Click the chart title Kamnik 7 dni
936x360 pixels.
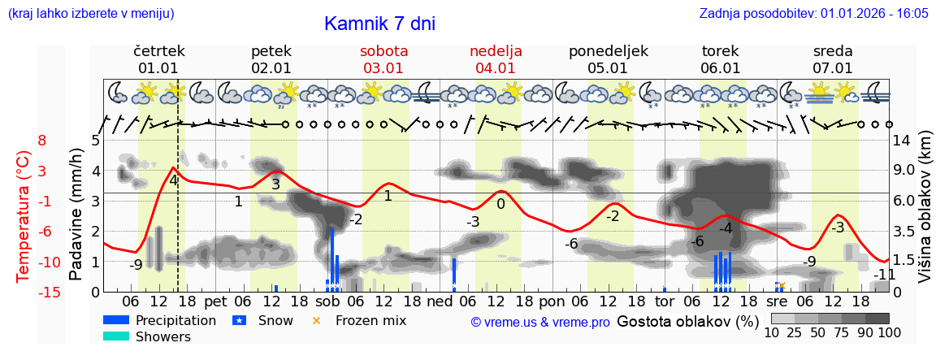point(379,24)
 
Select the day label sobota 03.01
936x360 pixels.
point(384,59)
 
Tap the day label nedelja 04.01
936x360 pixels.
point(496,59)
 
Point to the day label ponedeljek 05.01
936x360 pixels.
point(608,59)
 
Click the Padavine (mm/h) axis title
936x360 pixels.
point(76,215)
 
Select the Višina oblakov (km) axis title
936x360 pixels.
point(924,215)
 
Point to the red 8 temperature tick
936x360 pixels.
point(42,141)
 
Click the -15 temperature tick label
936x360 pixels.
point(50,293)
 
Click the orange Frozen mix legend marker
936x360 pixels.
point(317,320)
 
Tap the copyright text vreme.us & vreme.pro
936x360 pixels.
point(540,323)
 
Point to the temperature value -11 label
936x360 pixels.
point(885,275)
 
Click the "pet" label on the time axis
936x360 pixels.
point(215,301)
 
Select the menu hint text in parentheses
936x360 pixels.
point(91,14)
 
